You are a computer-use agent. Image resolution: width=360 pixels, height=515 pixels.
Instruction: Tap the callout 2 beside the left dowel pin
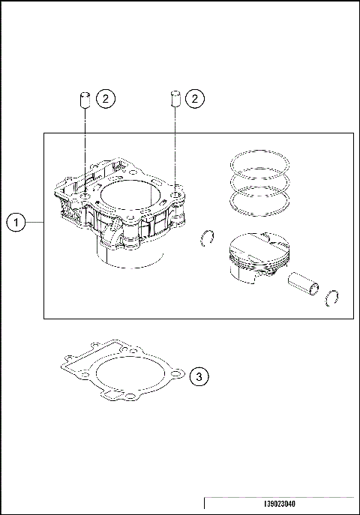106,98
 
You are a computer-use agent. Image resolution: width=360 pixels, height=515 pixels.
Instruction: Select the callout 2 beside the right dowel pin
196,98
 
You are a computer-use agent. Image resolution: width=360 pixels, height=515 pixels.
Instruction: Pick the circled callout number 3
196,377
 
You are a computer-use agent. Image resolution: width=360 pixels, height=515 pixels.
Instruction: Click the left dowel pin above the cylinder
85,100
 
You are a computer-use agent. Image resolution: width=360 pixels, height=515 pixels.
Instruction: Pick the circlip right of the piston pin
334,299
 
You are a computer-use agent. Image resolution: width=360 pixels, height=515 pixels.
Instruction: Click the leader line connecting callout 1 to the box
35,222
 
